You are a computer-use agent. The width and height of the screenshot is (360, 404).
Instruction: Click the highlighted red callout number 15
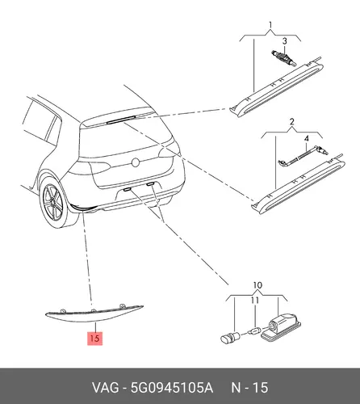95,338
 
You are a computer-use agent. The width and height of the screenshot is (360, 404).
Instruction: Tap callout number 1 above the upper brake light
270,25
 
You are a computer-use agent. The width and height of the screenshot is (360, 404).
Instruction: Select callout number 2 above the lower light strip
292,122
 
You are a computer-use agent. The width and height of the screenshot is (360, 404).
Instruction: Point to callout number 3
285,41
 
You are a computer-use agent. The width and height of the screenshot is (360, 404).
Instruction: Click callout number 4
307,139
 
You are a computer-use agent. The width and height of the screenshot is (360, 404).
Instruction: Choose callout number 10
257,285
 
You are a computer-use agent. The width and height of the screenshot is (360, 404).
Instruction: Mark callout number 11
254,300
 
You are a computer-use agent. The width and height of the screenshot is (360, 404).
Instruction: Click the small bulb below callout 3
283,58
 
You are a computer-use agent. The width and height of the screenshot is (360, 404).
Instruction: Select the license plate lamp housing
281,326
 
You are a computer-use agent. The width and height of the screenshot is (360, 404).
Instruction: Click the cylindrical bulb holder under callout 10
230,338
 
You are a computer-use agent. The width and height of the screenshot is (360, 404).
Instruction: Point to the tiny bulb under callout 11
256,330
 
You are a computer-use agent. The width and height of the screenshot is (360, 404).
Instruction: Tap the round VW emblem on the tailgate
135,162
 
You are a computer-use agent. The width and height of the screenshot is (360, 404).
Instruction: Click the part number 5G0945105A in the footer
172,388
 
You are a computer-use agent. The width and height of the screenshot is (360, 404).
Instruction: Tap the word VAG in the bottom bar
106,388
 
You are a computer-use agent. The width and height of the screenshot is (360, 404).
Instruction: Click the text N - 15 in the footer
249,388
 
